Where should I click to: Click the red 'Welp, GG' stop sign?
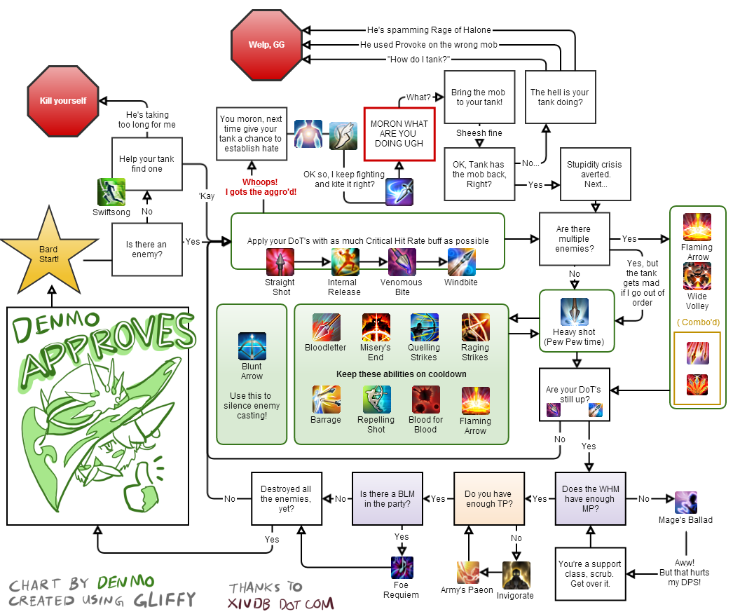pos(266,45)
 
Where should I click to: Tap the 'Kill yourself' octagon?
pos(63,101)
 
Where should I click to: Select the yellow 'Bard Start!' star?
pos(49,253)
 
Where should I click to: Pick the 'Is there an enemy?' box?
pos(146,250)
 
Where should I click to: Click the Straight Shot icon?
pos(280,262)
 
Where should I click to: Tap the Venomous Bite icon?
pos(402,262)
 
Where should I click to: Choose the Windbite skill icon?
pos(462,262)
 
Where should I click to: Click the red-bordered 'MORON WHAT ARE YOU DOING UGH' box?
pos(399,134)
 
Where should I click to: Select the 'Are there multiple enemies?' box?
pos(573,239)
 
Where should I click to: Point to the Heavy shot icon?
pos(574,312)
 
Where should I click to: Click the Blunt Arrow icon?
pos(252,346)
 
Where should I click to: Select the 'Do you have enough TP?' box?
pos(488,498)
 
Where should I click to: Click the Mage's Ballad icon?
pos(685,503)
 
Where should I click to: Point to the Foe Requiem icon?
pos(402,567)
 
